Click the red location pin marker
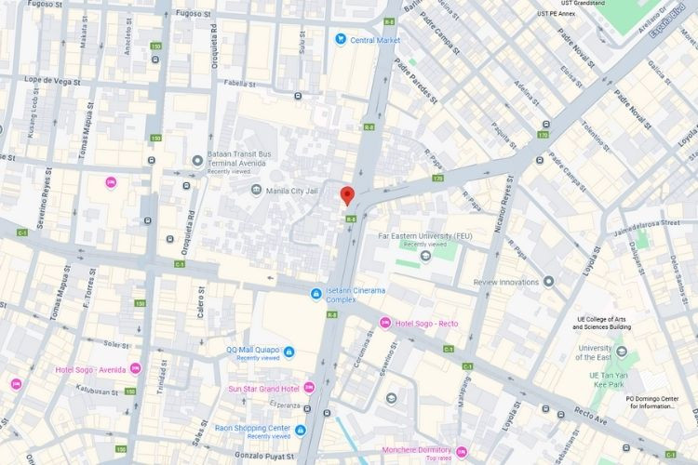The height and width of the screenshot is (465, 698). (347, 195)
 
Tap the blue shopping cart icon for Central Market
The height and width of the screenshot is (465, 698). (341, 39)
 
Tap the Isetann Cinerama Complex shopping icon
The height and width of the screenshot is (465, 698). (316, 294)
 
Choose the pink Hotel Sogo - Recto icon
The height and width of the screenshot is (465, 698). (384, 323)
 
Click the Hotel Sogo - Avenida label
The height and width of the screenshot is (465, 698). (90, 369)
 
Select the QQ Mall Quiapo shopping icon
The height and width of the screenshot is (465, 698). (289, 352)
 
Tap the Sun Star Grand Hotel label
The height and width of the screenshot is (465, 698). (264, 388)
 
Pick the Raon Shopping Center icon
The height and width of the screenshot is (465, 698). (301, 430)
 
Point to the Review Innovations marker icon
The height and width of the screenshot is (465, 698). (549, 282)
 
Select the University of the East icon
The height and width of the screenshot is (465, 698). (622, 352)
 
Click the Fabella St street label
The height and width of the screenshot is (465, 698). (239, 82)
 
